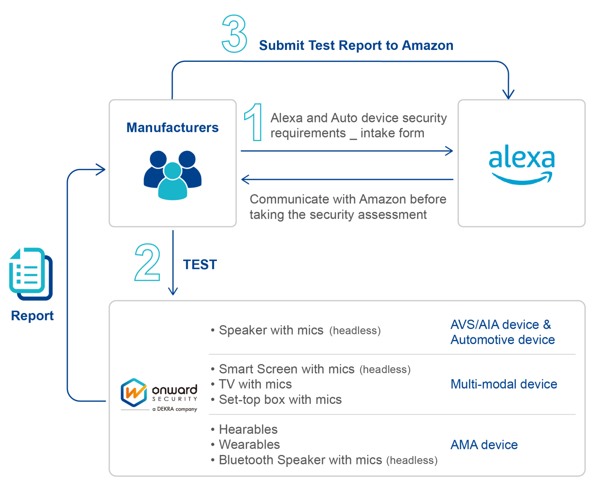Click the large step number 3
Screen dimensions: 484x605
[x=234, y=34]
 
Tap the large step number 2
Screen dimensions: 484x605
[x=147, y=263]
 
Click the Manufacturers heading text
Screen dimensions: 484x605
[x=173, y=128]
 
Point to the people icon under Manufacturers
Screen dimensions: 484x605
[x=173, y=175]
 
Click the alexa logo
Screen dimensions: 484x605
[x=521, y=164]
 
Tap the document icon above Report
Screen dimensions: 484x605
[x=31, y=273]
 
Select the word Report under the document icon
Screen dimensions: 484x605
[x=32, y=316]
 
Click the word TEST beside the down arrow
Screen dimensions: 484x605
[x=200, y=265]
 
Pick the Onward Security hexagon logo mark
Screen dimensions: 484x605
[x=134, y=392]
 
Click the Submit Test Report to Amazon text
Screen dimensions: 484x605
[x=356, y=46]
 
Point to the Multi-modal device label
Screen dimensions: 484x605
[x=504, y=384]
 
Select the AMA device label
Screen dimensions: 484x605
[x=484, y=445]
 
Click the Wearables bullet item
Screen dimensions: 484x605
[x=249, y=444]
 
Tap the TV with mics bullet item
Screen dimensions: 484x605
[x=255, y=384]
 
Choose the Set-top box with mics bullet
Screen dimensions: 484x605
[x=280, y=400]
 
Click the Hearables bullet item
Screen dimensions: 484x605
[x=248, y=429]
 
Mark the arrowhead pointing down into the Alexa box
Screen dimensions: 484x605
[x=508, y=95]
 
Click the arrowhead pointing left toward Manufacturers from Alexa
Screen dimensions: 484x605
[x=245, y=180]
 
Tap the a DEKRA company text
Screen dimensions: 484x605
[x=175, y=409]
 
